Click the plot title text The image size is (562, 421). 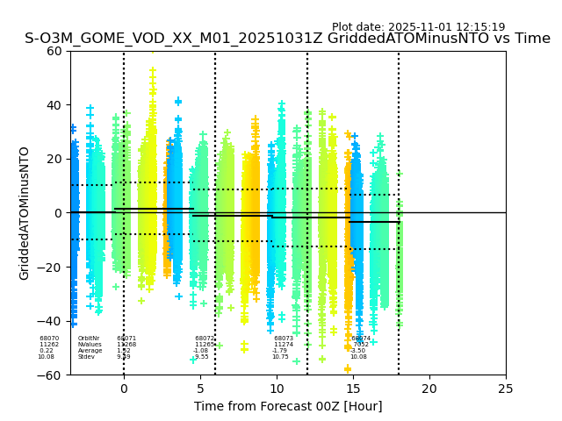[287, 39]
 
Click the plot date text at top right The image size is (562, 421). [418, 27]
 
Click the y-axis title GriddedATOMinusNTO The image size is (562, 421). [25, 213]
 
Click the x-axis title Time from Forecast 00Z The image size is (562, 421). [288, 406]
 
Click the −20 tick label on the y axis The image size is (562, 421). [50, 268]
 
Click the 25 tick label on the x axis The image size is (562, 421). [506, 388]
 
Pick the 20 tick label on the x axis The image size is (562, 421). [429, 388]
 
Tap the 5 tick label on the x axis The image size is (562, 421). [200, 388]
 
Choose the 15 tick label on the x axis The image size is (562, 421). [353, 388]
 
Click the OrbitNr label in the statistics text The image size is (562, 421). [89, 339]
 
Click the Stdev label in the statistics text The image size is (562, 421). [86, 357]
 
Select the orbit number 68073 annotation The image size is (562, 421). [284, 339]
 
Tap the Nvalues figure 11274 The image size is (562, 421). [284, 345]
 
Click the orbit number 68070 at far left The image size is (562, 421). [49, 339]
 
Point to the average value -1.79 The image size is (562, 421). [280, 351]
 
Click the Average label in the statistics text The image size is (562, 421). [90, 351]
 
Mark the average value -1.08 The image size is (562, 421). [201, 351]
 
